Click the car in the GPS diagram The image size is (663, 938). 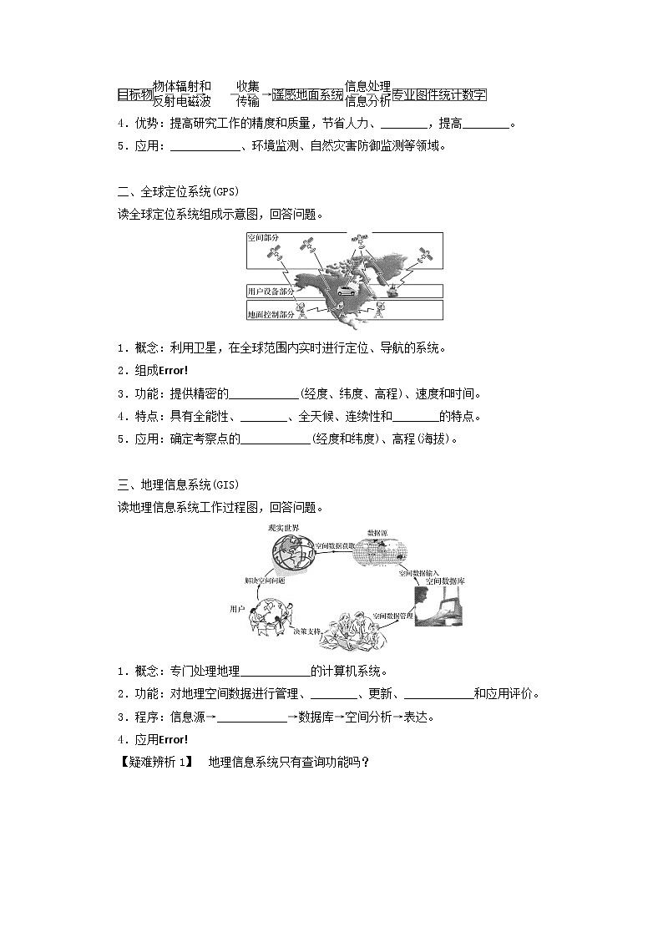pyautogui.click(x=344, y=293)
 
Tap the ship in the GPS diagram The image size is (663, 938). pyautogui.click(x=391, y=292)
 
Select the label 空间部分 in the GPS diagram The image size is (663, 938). pyautogui.click(x=263, y=239)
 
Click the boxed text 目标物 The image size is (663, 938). pyautogui.click(x=134, y=95)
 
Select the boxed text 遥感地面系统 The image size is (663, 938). pyautogui.click(x=308, y=95)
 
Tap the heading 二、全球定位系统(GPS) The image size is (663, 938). pyautogui.click(x=178, y=192)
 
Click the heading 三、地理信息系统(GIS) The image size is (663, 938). pyautogui.click(x=178, y=484)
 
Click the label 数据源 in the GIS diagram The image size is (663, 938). pyautogui.click(x=377, y=532)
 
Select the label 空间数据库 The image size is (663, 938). pyautogui.click(x=444, y=581)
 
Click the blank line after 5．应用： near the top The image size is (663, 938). pyautogui.click(x=205, y=147)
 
